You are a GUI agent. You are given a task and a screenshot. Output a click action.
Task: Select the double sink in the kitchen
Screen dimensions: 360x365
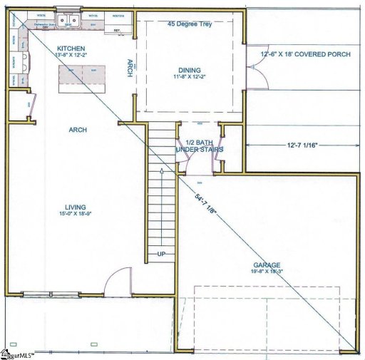tap(69, 21)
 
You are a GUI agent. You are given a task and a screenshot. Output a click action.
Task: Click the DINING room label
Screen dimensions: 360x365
tap(189, 70)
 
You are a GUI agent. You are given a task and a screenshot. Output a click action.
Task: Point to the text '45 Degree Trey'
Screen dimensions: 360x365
tap(190, 24)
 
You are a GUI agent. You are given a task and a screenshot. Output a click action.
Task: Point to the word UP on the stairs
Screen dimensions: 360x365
tap(162, 254)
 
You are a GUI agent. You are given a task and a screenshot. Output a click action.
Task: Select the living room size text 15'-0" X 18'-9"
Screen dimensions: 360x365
tap(77, 213)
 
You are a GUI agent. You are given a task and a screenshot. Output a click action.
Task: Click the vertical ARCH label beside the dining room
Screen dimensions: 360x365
tap(130, 67)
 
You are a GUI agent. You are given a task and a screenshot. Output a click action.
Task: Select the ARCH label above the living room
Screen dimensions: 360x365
tap(78, 130)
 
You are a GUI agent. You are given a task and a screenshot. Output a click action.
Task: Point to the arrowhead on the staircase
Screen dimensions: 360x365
tap(163, 171)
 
